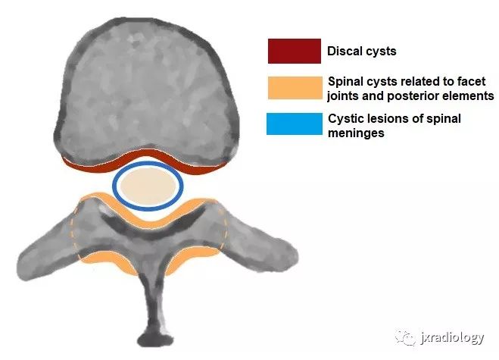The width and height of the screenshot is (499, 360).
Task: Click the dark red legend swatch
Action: click(x=295, y=51)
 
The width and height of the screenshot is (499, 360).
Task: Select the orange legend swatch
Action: click(x=295, y=88)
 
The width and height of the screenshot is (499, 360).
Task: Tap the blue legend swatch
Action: click(x=295, y=124)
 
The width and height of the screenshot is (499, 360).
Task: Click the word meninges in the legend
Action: click(x=356, y=133)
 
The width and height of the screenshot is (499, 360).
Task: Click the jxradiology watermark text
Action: click(x=451, y=338)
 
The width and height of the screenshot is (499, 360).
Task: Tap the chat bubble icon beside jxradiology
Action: click(x=405, y=338)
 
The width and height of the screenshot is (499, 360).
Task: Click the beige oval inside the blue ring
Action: click(x=148, y=186)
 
